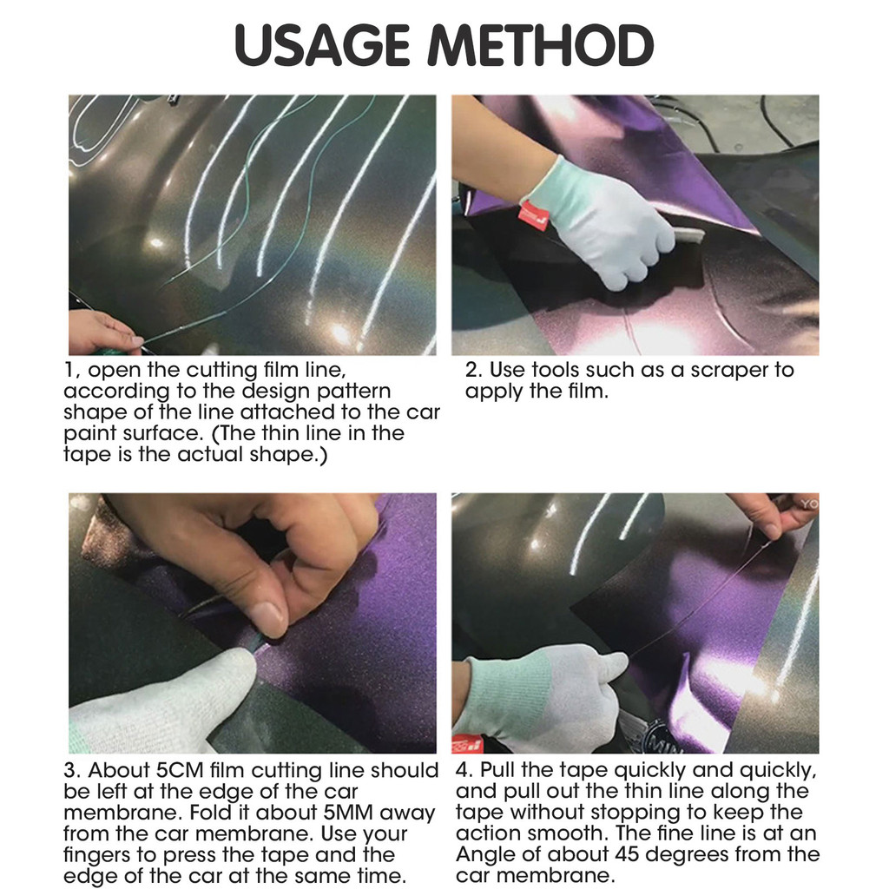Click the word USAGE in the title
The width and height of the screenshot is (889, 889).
[x=322, y=45]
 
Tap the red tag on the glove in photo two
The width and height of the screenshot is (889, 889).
[x=534, y=215]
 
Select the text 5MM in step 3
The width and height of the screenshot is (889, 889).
[x=348, y=813]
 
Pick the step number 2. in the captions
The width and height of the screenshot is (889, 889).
[x=473, y=370]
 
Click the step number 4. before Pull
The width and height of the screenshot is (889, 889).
[x=464, y=771]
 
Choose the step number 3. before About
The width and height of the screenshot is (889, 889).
[x=73, y=771]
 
